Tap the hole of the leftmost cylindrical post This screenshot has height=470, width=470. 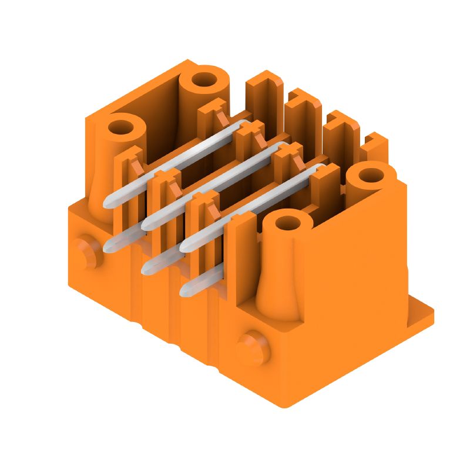pyautogui.click(x=122, y=126)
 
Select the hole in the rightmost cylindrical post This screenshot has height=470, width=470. pyautogui.click(x=371, y=174)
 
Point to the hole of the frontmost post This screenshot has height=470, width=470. pyautogui.click(x=287, y=223)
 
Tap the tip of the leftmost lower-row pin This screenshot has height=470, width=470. pyautogui.click(x=109, y=247)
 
